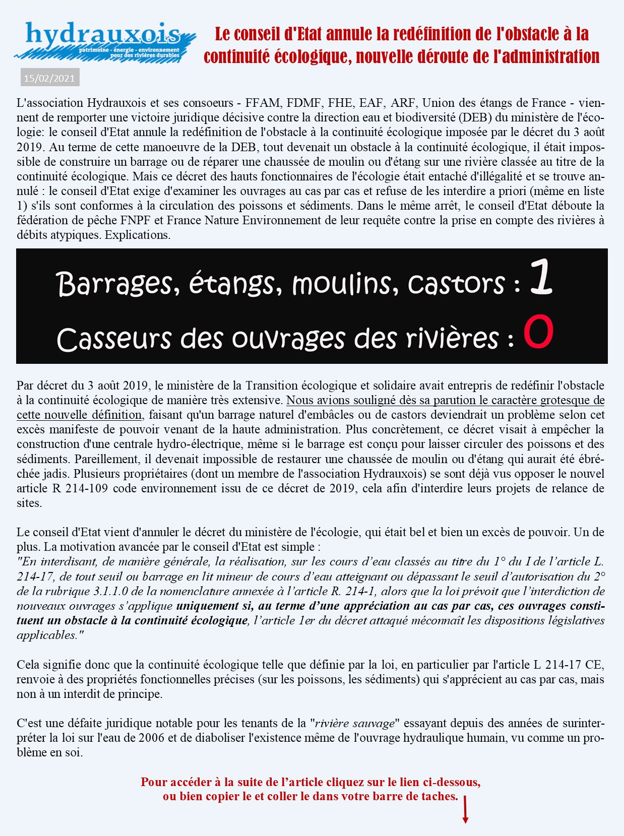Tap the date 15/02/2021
coord(49,78)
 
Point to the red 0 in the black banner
coord(538,332)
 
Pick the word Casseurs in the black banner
coord(114,339)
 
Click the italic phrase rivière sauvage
coord(354,724)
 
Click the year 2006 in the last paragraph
coord(151,738)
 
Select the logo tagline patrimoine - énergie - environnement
coord(129,50)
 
